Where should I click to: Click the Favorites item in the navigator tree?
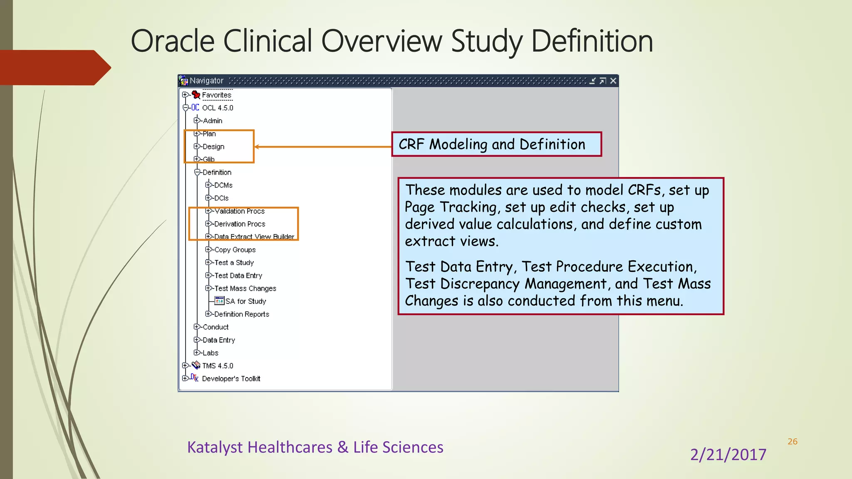[x=216, y=95]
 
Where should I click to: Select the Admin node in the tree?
[x=212, y=121]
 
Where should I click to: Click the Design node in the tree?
[x=213, y=147]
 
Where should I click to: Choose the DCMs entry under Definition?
[x=223, y=185]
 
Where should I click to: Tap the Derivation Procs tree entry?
[x=240, y=224]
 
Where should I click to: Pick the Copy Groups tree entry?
[x=235, y=250]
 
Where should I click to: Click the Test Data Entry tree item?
[x=238, y=276]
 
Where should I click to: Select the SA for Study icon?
[x=219, y=301]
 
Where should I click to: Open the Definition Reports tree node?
[x=241, y=314]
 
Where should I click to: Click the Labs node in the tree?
[x=210, y=353]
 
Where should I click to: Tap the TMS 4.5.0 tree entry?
[x=217, y=366]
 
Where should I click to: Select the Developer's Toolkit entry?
[x=231, y=379]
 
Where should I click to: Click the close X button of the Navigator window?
[x=613, y=81]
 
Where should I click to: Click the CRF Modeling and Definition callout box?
[x=496, y=144]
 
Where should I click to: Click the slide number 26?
[x=793, y=442]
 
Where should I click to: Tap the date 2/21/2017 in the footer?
[x=728, y=454]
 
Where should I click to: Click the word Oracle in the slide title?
[x=173, y=41]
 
